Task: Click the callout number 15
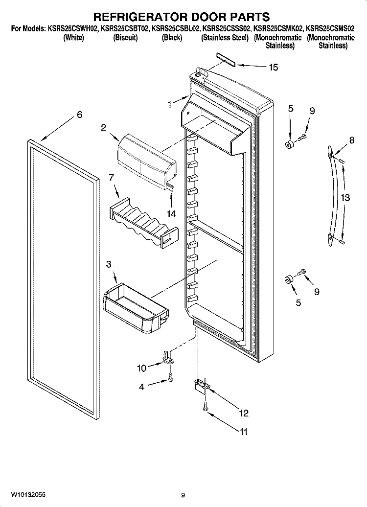coord(273,67)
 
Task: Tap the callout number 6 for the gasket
coord(79,115)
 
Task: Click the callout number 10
coord(141,368)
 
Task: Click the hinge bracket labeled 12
coord(202,385)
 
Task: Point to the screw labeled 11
coord(205,407)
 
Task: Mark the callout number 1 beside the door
coord(169,104)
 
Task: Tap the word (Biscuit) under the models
coord(125,38)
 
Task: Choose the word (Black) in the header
coord(172,38)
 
